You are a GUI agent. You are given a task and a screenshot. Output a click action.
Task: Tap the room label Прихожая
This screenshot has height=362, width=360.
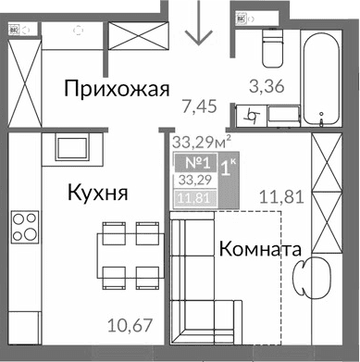[117, 89]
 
